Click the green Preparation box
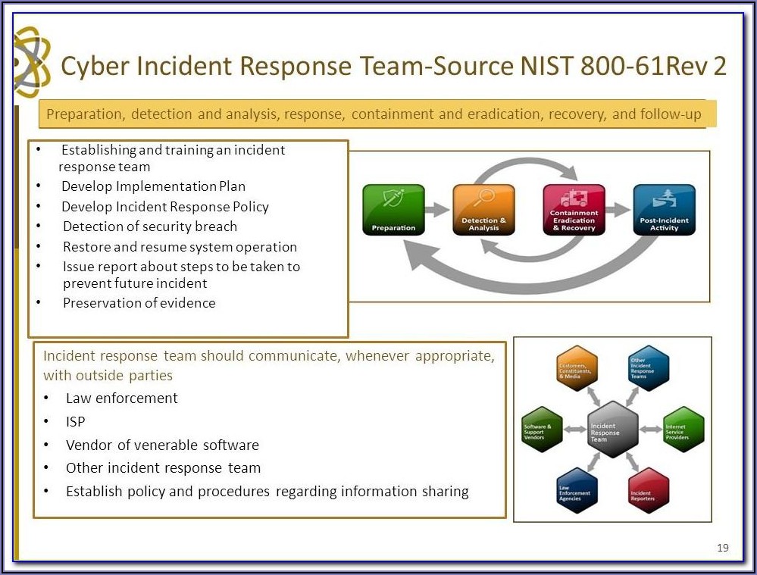(393, 210)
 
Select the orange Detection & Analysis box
(483, 210)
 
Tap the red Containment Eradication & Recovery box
(574, 210)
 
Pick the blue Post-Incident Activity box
(664, 210)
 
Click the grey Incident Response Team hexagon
(612, 430)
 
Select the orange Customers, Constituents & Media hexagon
(577, 368)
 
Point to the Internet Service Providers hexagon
(683, 430)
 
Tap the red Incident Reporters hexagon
(649, 491)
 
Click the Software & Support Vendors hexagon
(542, 430)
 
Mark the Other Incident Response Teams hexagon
(649, 368)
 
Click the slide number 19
(722, 548)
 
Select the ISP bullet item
(76, 421)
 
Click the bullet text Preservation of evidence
(139, 303)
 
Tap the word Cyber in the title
(92, 67)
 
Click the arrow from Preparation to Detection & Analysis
(437, 210)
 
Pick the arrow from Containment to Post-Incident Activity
(618, 210)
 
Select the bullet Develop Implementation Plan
(153, 186)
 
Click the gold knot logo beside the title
(32, 62)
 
